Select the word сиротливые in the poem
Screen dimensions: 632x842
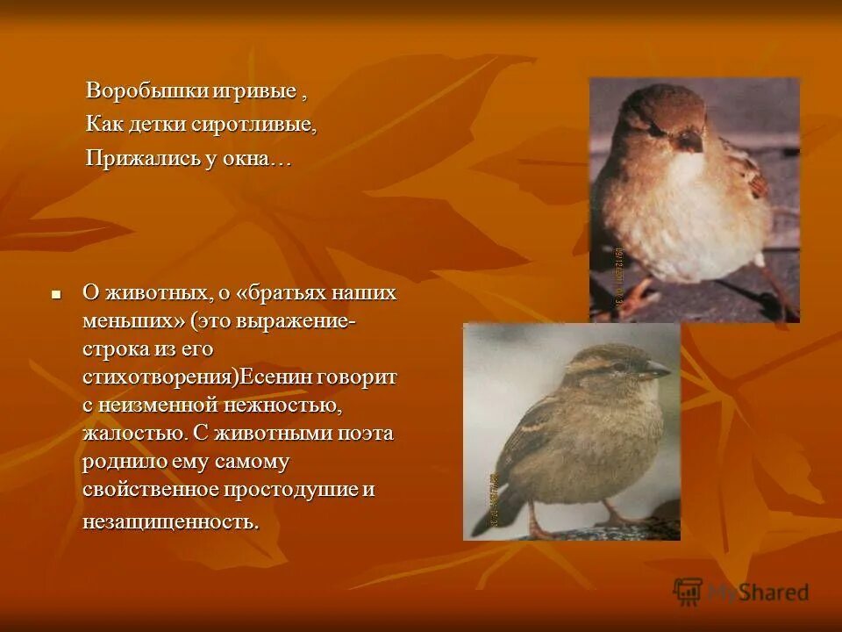click(261, 125)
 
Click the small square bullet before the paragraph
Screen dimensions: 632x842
click(56, 294)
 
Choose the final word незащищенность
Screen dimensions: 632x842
click(171, 521)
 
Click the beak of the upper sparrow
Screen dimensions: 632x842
click(690, 140)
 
